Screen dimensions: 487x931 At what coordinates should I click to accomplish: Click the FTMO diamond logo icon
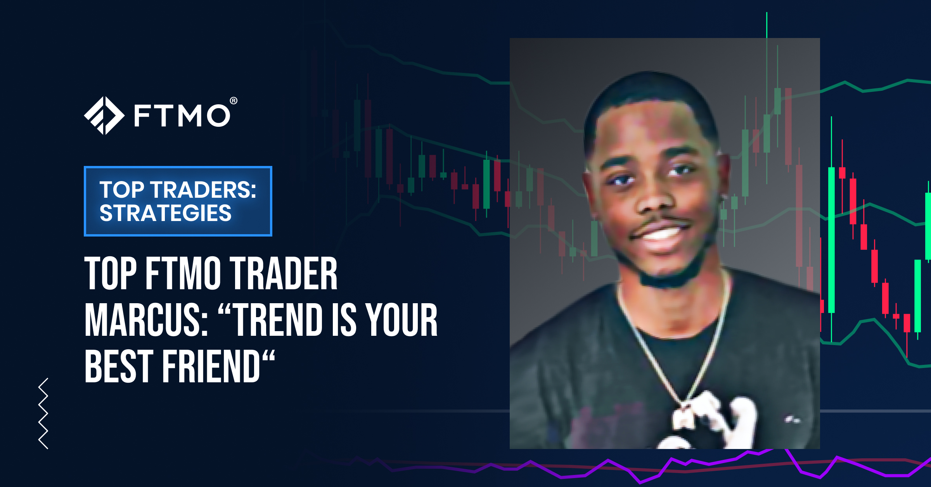(x=104, y=116)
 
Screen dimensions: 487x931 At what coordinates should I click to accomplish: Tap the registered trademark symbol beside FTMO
(x=234, y=101)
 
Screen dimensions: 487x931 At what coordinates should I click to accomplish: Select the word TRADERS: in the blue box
(x=203, y=190)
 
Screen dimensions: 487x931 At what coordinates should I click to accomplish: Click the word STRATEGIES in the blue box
(x=166, y=213)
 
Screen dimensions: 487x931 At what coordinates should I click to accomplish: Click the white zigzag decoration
(x=43, y=413)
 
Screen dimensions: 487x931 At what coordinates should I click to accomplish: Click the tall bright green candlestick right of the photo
(x=831, y=240)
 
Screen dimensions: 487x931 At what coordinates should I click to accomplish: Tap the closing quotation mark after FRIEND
(x=268, y=357)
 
